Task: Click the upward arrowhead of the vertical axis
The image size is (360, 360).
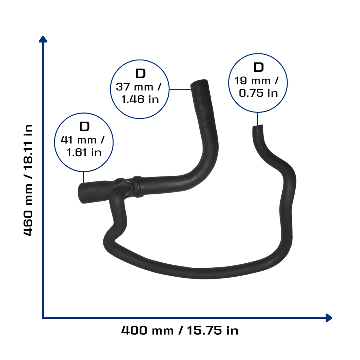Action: coord(43,39)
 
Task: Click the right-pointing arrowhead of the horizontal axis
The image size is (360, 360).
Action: coord(329,318)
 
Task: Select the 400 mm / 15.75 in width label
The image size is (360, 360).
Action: coord(180,330)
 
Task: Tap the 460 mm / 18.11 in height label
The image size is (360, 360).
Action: coord(28,180)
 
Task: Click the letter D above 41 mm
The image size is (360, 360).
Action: coord(84,127)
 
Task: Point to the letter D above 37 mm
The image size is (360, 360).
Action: coord(140,73)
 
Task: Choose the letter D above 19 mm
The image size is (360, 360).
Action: coord(258,67)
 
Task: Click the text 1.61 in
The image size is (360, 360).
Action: coord(84,152)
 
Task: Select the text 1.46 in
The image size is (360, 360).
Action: coord(140,99)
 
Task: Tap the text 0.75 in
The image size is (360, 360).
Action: coord(258,93)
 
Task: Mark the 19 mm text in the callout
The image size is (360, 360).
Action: coord(252,81)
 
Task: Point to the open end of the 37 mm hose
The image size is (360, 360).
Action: coord(199,82)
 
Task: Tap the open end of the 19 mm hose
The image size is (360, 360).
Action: coord(258,127)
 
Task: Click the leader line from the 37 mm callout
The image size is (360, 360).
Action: coord(180,90)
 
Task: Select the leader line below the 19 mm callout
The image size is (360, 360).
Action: coord(257,119)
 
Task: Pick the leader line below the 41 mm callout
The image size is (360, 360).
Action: coord(83,177)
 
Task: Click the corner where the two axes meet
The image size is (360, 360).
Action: coord(43,318)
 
